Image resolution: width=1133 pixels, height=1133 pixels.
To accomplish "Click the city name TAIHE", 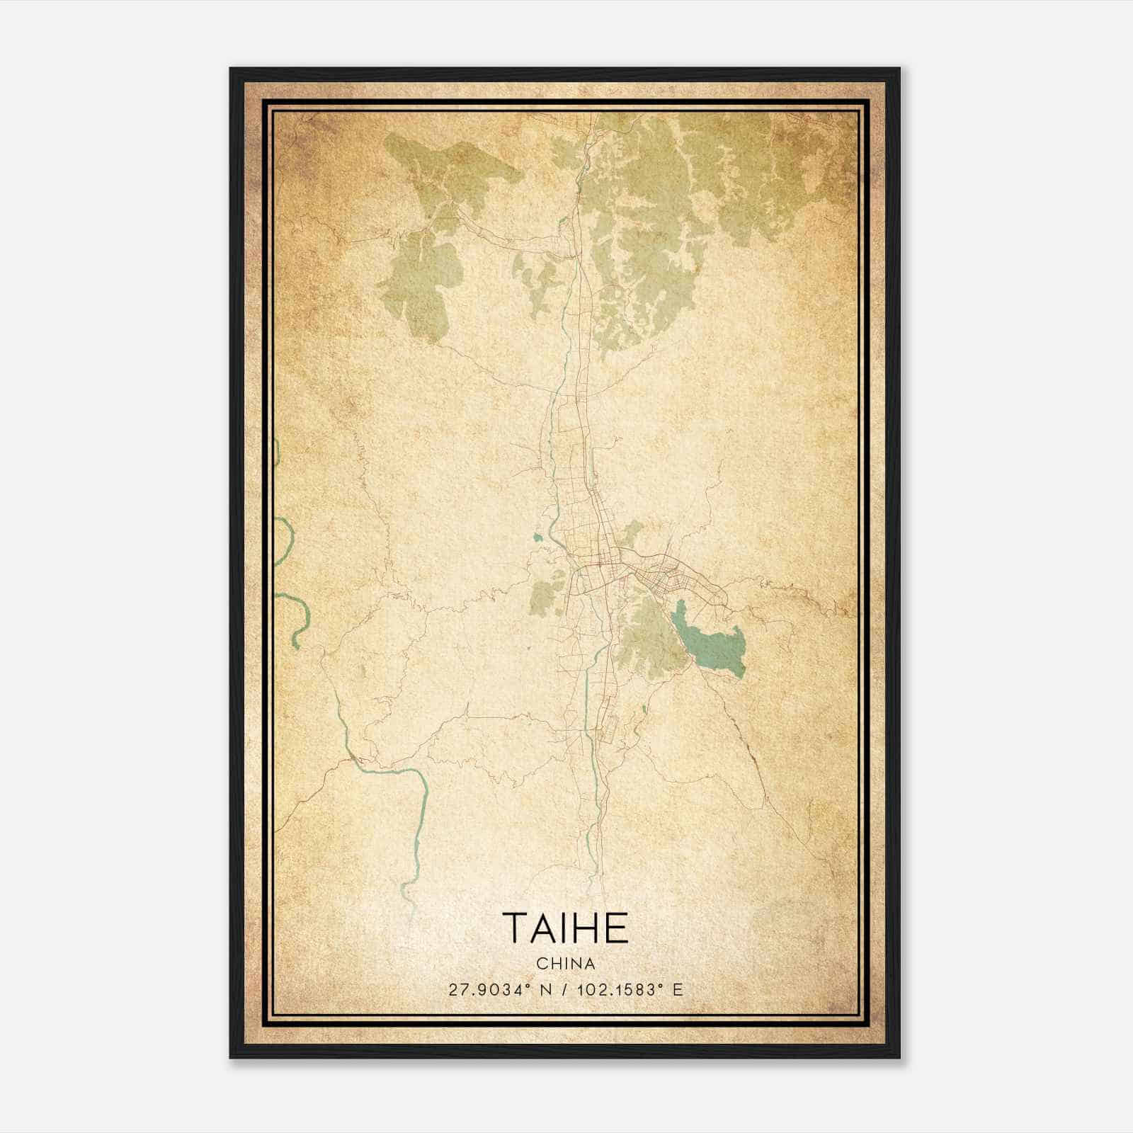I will tap(566, 928).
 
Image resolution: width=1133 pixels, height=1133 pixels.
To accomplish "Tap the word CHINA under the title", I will tap(566, 964).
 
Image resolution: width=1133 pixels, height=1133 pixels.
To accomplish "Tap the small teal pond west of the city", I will tap(537, 537).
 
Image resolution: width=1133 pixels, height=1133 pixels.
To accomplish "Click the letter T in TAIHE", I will tap(515, 928).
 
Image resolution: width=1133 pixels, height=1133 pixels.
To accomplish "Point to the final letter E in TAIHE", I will tap(617, 928).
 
